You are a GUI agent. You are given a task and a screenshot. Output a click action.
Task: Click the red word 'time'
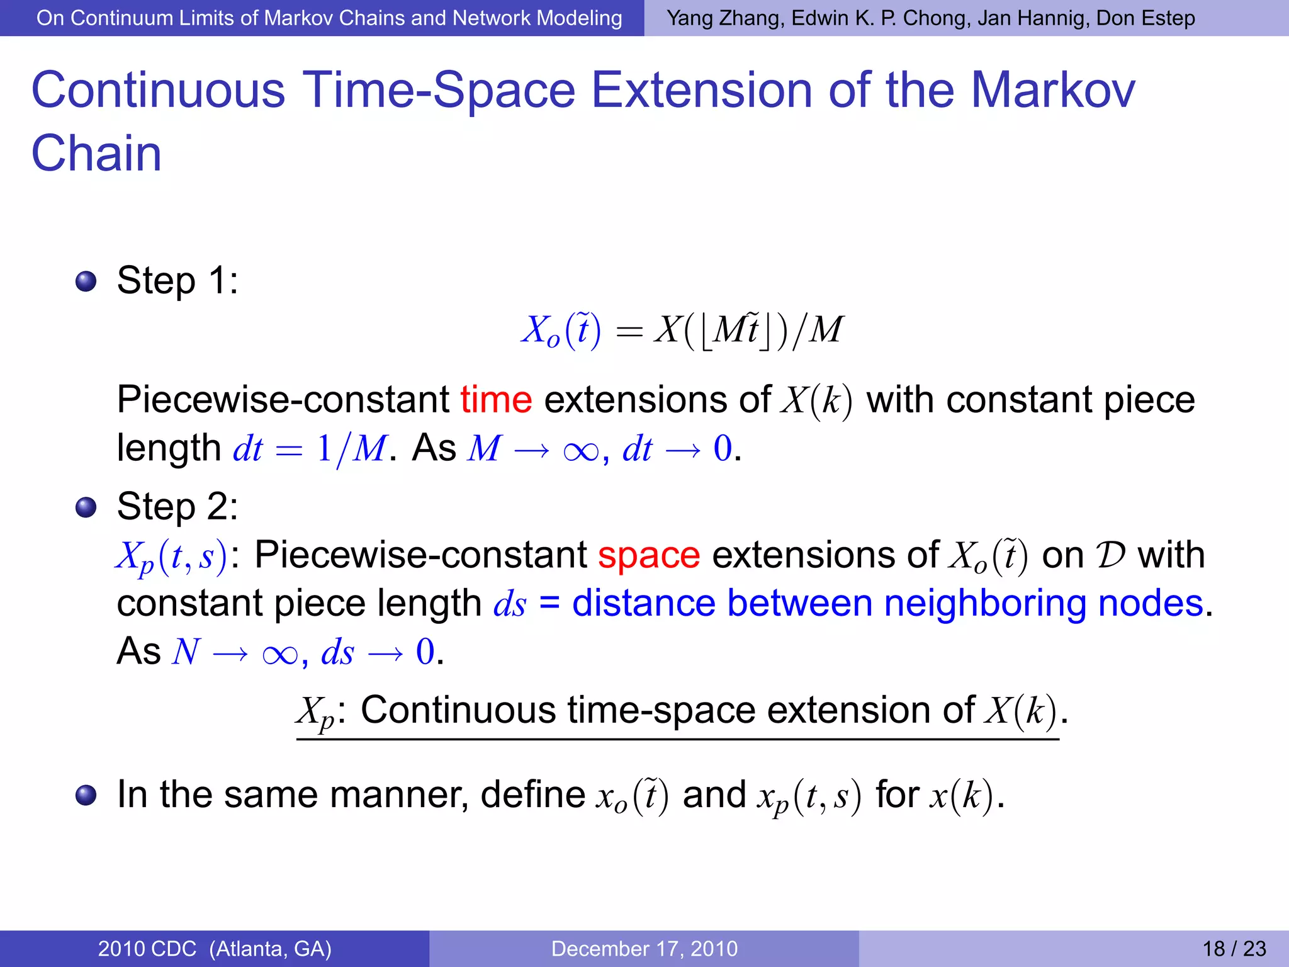(x=496, y=400)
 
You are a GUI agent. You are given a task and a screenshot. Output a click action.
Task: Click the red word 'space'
(x=648, y=555)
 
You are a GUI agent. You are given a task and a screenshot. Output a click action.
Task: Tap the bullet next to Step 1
(x=86, y=281)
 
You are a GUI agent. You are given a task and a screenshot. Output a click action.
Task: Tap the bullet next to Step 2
(x=86, y=507)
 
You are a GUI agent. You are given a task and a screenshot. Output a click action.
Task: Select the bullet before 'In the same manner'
(x=86, y=795)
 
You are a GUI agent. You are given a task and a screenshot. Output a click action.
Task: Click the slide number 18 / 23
(x=1234, y=949)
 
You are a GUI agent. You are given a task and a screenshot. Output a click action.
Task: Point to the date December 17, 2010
(x=644, y=949)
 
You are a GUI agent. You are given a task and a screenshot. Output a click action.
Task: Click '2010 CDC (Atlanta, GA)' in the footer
(x=215, y=949)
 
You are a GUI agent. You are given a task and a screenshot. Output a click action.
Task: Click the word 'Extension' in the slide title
(x=702, y=90)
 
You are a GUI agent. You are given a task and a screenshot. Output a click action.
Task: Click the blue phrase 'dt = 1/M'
(x=310, y=449)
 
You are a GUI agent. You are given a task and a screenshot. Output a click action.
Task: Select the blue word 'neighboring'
(x=984, y=603)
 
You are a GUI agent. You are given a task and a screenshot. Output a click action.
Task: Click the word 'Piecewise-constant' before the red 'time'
(x=283, y=400)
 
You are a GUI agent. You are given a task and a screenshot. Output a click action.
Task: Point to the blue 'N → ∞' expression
(x=234, y=652)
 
